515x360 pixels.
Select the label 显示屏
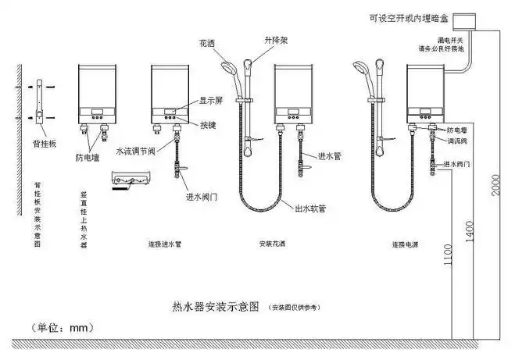coord(213,100)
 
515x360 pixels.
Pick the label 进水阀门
coord(202,197)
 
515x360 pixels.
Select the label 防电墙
coord(88,156)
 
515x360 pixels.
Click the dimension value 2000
coord(495,188)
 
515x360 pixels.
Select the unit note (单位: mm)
coord(60,326)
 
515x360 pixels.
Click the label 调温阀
coord(457,141)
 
